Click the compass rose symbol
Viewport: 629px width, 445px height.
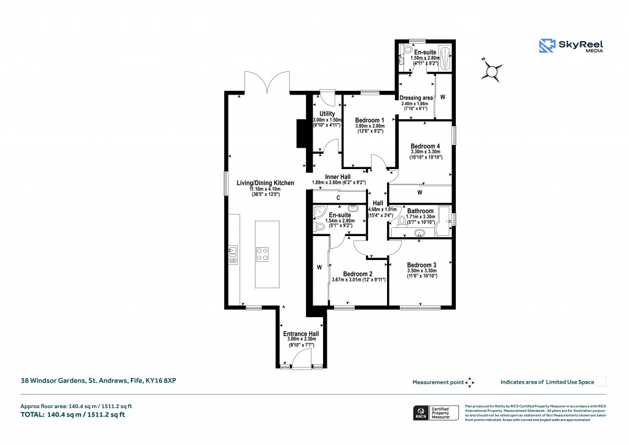(493, 71)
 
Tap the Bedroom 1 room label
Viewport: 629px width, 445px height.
(370, 120)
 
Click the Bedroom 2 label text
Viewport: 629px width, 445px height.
(357, 274)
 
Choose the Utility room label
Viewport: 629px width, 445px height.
(327, 114)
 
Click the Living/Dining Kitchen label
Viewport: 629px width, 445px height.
(267, 183)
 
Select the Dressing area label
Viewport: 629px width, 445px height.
(416, 98)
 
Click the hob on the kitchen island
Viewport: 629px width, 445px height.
(262, 254)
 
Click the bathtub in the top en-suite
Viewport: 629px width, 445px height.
(447, 57)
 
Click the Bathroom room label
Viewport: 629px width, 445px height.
(421, 211)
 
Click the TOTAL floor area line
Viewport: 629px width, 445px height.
(73, 414)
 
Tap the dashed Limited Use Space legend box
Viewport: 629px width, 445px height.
(601, 382)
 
